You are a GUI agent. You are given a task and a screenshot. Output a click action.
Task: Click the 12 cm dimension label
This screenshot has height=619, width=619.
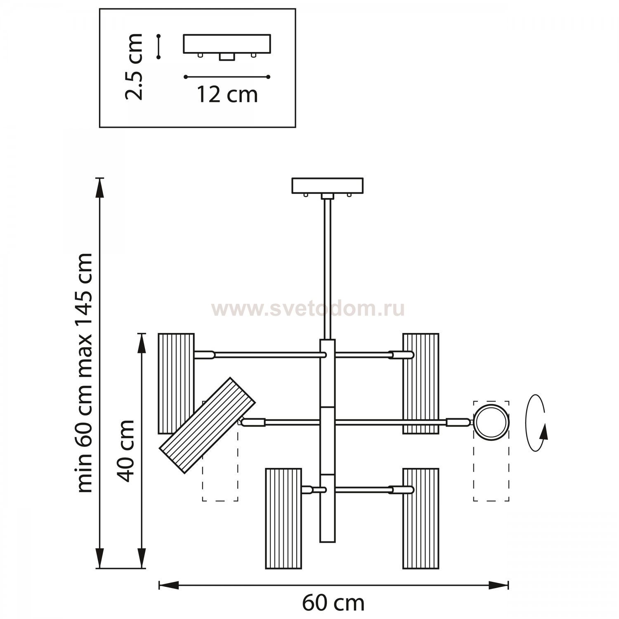pyautogui.click(x=227, y=95)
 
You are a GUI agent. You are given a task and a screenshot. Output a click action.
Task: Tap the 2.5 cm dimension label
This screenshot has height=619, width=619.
pyautogui.click(x=134, y=66)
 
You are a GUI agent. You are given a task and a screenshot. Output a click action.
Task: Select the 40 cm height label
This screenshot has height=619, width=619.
pyautogui.click(x=125, y=451)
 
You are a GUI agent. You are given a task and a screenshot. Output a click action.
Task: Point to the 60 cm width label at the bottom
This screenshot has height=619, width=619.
pyautogui.click(x=333, y=604)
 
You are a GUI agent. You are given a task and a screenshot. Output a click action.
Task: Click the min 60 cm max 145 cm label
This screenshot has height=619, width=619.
pyautogui.click(x=85, y=372)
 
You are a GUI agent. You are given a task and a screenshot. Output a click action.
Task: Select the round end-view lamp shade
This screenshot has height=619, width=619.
pyautogui.click(x=491, y=422)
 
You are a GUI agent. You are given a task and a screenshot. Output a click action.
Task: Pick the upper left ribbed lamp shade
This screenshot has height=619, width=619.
pyautogui.click(x=176, y=383)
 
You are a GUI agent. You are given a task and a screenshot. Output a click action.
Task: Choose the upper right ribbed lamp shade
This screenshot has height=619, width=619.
pyautogui.click(x=421, y=383)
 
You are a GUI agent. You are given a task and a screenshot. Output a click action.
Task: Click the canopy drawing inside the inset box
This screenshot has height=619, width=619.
pyautogui.click(x=227, y=47)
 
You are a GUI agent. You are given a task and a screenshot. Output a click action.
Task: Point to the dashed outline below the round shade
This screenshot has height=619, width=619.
pyautogui.click(x=491, y=470)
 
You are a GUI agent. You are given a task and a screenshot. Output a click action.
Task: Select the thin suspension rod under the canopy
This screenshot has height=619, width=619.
pyautogui.click(x=328, y=269)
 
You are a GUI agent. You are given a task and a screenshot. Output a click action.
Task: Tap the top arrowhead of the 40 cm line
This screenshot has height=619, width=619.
pyautogui.click(x=142, y=343)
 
